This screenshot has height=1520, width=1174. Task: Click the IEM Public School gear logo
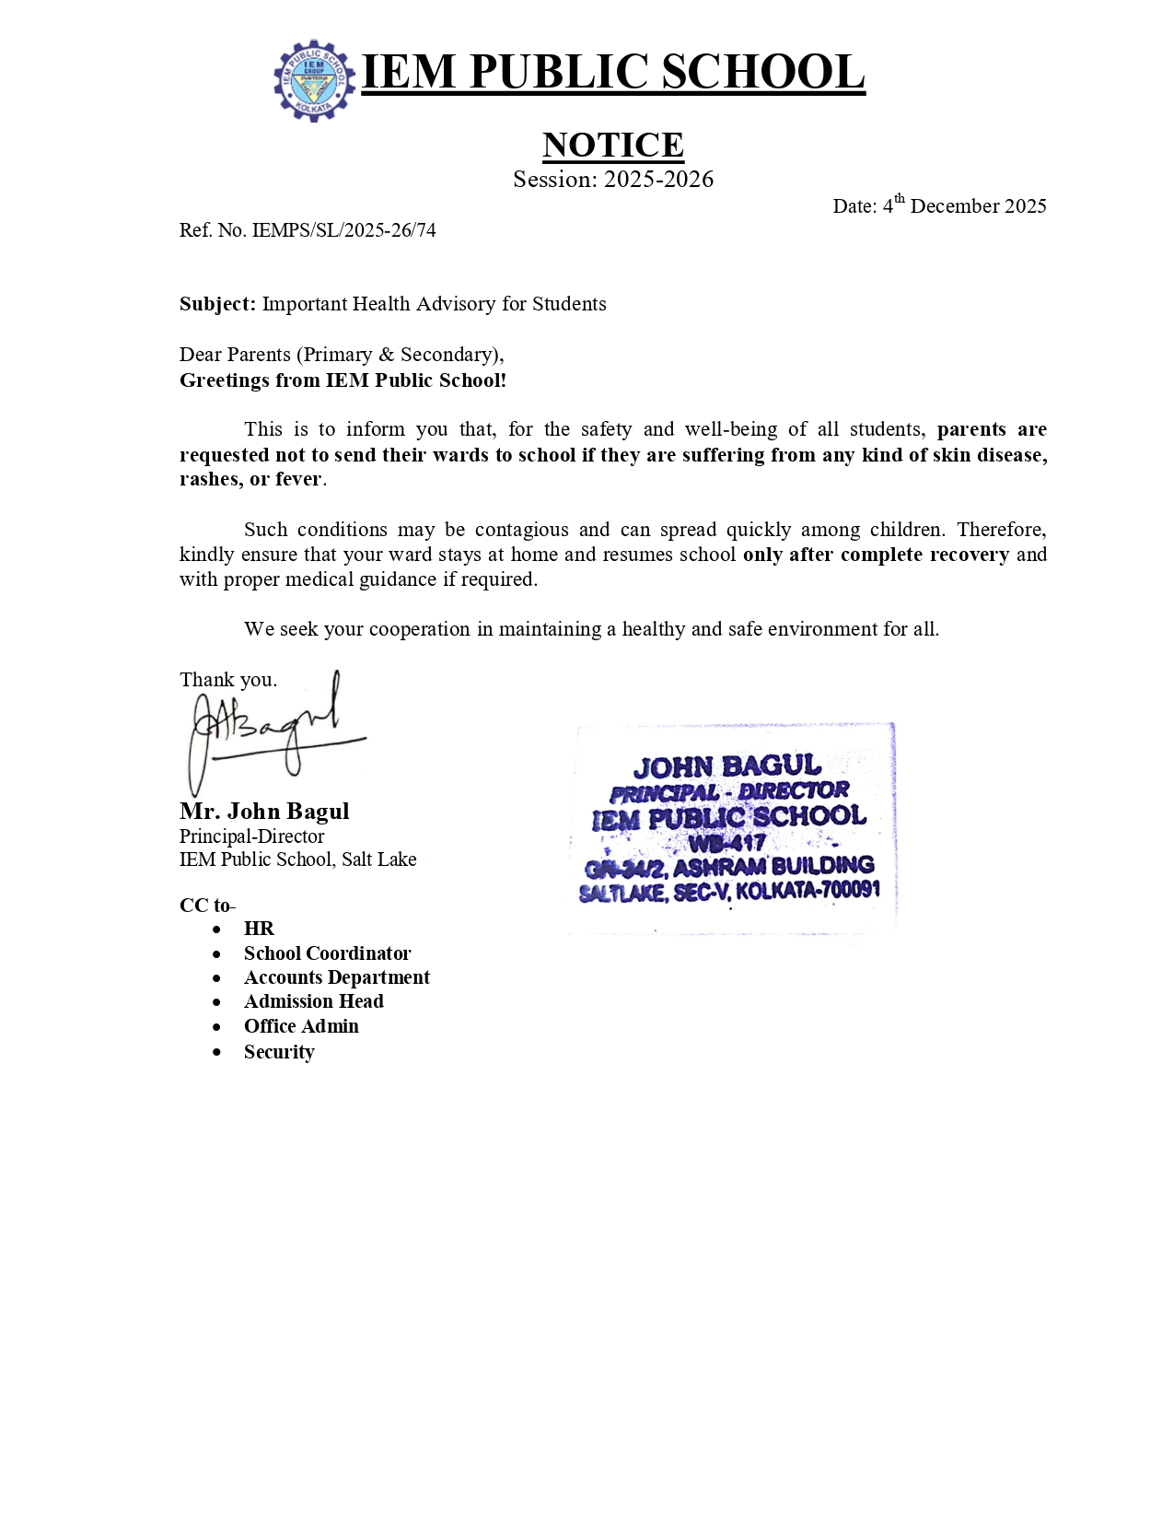click(x=314, y=80)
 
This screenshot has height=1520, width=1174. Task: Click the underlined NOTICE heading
click(x=612, y=145)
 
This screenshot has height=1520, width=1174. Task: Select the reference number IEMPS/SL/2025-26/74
click(x=343, y=230)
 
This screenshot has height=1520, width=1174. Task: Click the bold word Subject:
click(x=217, y=304)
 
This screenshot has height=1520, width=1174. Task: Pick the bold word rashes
click(x=209, y=479)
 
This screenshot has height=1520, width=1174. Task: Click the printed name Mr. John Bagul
click(x=264, y=812)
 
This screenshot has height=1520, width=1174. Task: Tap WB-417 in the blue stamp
click(x=726, y=843)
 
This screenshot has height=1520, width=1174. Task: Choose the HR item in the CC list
click(x=259, y=929)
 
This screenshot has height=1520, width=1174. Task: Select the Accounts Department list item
click(x=336, y=977)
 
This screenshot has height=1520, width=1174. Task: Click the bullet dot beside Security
click(x=217, y=1052)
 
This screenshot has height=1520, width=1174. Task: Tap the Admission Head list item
click(x=313, y=1001)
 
